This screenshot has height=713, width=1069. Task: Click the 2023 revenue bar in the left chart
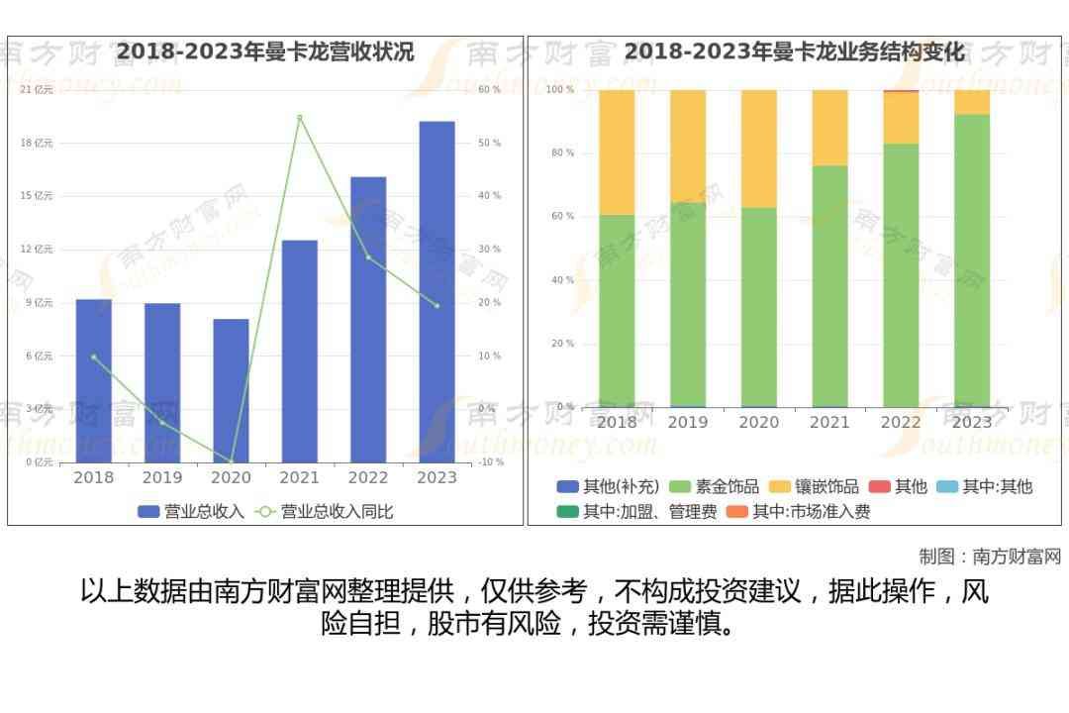click(x=437, y=292)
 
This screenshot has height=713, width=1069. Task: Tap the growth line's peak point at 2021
click(x=299, y=118)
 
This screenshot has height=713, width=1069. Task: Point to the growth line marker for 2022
click(x=368, y=257)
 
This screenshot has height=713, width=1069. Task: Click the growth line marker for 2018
click(x=94, y=356)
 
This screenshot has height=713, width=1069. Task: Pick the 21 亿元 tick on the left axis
click(x=37, y=90)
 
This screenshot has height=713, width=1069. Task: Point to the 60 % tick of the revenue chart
click(x=489, y=90)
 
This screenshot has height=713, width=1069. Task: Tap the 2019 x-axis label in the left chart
click(x=162, y=477)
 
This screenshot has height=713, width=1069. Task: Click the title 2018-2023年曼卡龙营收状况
click(x=265, y=51)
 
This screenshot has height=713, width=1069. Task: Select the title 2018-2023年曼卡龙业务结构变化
click(x=794, y=51)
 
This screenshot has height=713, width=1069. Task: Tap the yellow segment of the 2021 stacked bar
click(x=829, y=128)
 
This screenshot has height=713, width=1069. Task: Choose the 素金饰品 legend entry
click(x=715, y=486)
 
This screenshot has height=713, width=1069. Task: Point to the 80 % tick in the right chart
click(x=562, y=153)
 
